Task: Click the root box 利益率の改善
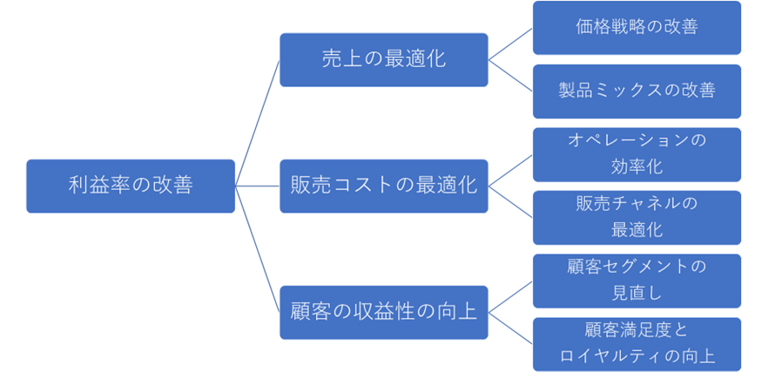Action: pos(131,186)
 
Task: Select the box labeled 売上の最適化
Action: pos(383,59)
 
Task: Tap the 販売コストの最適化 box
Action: pos(383,186)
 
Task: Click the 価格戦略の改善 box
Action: pos(637,27)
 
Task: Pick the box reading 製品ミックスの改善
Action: pos(637,91)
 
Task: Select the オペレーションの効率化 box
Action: pos(637,154)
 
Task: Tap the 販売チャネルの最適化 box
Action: pos(637,217)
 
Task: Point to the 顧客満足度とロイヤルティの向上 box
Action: pos(637,343)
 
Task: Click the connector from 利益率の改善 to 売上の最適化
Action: pos(258,122)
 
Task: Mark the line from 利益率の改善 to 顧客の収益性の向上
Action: pos(258,249)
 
